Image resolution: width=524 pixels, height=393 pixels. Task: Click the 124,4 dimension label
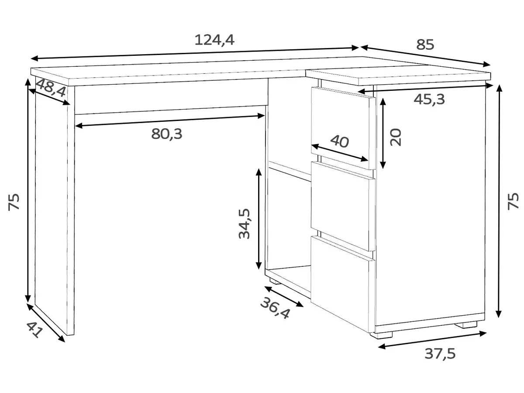214,40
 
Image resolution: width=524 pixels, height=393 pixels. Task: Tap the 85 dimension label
425,45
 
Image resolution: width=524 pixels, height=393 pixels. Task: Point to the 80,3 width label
167,134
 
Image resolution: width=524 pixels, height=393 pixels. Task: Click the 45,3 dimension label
429,99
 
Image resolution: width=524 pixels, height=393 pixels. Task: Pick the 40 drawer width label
339,141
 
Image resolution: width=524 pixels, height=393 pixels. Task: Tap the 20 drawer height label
395,137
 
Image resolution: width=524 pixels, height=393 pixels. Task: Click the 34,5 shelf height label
244,224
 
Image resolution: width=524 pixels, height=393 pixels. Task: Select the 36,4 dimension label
275,308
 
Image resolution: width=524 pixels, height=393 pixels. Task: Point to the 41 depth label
35,330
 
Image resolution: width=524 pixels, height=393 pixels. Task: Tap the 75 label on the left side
14,202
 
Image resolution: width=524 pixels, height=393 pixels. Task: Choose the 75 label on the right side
513,202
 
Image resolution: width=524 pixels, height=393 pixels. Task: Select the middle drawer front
342,206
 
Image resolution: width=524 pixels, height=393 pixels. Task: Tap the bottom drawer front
342,284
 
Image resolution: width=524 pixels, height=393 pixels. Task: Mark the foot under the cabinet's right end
469,325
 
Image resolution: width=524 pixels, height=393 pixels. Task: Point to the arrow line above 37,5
432,340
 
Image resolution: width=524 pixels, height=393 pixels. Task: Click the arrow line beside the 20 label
383,134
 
